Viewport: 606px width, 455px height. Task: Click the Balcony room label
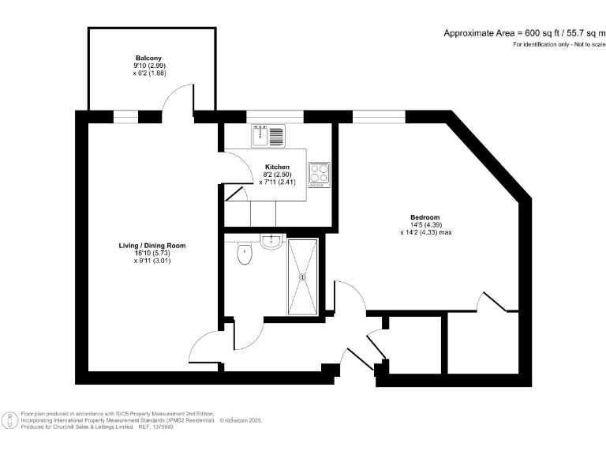[148, 58]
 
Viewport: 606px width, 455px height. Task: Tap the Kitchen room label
[277, 167]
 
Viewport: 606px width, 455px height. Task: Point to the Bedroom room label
[425, 217]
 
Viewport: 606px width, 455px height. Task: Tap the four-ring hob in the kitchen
[319, 173]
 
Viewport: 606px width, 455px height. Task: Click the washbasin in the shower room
[271, 242]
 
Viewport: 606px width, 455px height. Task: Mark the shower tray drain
[303, 276]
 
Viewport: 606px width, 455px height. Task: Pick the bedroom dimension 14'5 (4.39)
[425, 225]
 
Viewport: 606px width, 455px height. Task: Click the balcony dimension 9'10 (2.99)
[148, 66]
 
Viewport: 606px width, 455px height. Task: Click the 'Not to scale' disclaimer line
[559, 44]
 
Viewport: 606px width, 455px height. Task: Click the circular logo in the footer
[9, 420]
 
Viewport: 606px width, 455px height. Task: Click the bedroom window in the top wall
[379, 117]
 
